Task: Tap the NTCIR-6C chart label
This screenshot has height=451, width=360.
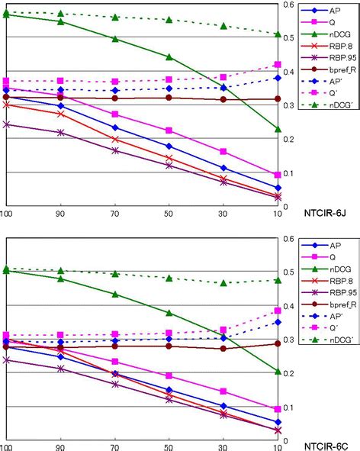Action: pos(327,443)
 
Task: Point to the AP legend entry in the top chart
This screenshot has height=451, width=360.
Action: pos(333,11)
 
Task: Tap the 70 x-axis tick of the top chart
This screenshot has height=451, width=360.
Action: pos(114,214)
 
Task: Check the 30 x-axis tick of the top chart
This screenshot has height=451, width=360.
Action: pos(223,214)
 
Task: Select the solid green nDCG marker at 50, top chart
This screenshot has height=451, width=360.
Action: pos(169,56)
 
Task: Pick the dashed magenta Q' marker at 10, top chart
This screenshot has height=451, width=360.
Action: pos(278,65)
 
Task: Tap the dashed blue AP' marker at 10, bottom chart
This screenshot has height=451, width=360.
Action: pos(278,322)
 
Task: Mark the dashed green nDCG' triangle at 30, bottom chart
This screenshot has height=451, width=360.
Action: pos(223,282)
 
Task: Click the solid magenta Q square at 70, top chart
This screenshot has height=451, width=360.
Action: pos(114,114)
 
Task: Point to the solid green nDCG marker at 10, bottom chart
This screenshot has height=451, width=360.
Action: pos(278,371)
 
